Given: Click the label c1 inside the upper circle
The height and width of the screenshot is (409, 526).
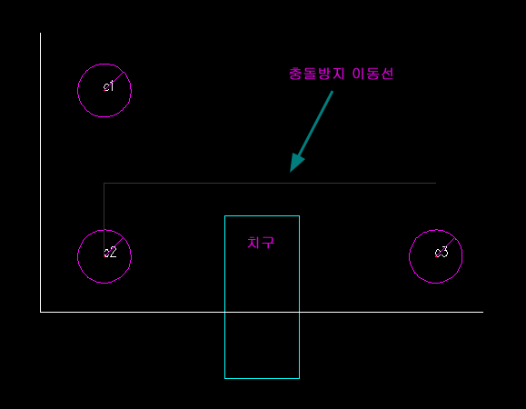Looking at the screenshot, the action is (108, 86).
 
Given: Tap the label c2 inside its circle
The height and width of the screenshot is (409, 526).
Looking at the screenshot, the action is (110, 253).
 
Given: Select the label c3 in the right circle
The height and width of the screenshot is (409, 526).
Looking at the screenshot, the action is (442, 252).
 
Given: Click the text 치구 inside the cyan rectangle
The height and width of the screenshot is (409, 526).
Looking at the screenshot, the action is (261, 243).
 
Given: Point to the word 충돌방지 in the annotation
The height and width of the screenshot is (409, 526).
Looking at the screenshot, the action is (317, 74).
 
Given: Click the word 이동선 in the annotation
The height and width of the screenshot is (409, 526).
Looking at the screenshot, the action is (372, 74).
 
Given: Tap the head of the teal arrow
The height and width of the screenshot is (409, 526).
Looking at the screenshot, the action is (291, 172).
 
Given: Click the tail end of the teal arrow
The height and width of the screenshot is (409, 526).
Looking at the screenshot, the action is (332, 91).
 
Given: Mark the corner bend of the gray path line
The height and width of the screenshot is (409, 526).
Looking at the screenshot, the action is (104, 184).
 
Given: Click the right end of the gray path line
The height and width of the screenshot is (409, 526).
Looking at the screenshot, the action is (436, 184).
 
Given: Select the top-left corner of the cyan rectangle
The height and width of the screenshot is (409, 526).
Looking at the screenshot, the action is (224, 216).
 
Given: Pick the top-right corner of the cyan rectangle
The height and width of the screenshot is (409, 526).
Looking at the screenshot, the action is (299, 216).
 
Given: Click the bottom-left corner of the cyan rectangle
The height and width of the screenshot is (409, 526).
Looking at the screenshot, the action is (224, 378).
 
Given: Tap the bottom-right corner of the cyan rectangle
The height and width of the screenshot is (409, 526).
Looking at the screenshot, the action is (299, 378).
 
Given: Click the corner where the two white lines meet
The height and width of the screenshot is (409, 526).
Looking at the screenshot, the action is (41, 312).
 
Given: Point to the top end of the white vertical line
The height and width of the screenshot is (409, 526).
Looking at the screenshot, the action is (41, 33).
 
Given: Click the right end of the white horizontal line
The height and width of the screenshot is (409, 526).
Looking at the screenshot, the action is (483, 312).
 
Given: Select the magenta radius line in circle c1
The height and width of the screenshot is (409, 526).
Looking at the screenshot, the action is (114, 81).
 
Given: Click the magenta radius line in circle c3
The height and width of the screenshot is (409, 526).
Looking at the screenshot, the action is (445, 247).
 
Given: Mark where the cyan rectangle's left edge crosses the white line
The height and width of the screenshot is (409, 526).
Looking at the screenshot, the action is (224, 312).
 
